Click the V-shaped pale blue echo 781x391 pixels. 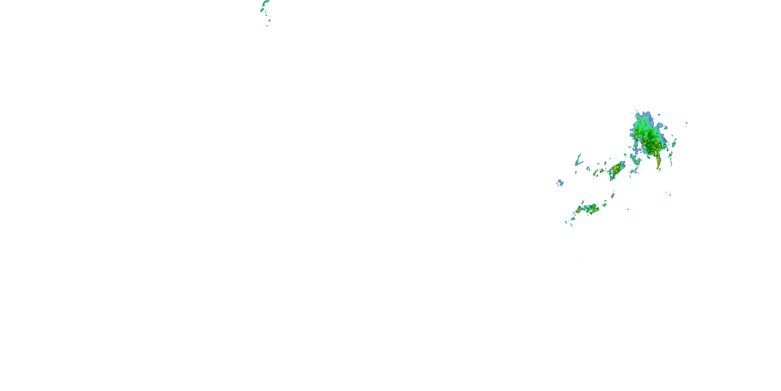578,161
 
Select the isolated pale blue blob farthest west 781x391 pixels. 560,183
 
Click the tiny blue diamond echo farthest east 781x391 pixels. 686,123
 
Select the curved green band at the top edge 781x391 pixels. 266,3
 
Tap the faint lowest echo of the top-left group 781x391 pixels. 267,26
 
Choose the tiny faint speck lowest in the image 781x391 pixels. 583,260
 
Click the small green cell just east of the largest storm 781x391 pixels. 674,144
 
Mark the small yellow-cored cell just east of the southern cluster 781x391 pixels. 604,205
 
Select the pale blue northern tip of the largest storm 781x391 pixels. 644,115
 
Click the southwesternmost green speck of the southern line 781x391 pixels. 566,222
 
